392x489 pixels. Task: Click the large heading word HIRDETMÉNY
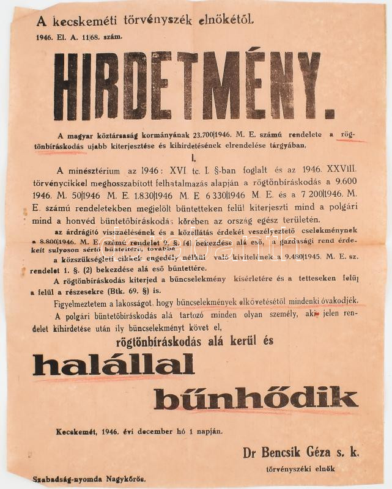(x=187, y=86)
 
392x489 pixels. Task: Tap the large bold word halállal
(x=113, y=365)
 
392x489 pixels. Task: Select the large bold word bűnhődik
(x=255, y=399)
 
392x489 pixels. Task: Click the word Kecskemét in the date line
(x=78, y=431)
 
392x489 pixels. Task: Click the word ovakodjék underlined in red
(x=342, y=303)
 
